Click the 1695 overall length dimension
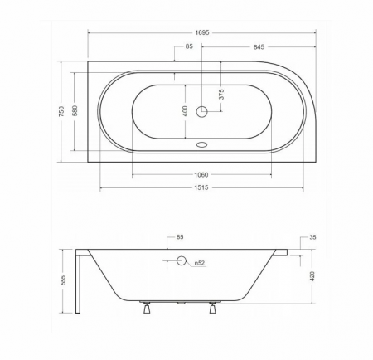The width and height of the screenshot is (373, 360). pos(202,32)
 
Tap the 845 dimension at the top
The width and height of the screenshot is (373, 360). pos(259,47)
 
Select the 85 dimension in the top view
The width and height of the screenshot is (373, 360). pos(189,46)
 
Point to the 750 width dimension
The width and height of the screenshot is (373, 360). pos(61,111)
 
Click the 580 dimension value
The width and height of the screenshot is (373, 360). pos(75,110)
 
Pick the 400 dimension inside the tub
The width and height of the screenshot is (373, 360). pos(185,111)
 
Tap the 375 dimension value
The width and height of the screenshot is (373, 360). pos(221,95)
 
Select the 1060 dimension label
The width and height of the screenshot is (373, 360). pos(201,175)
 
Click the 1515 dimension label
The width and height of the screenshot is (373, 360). pos(201,188)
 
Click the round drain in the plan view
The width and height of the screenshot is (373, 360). pos(201,112)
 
